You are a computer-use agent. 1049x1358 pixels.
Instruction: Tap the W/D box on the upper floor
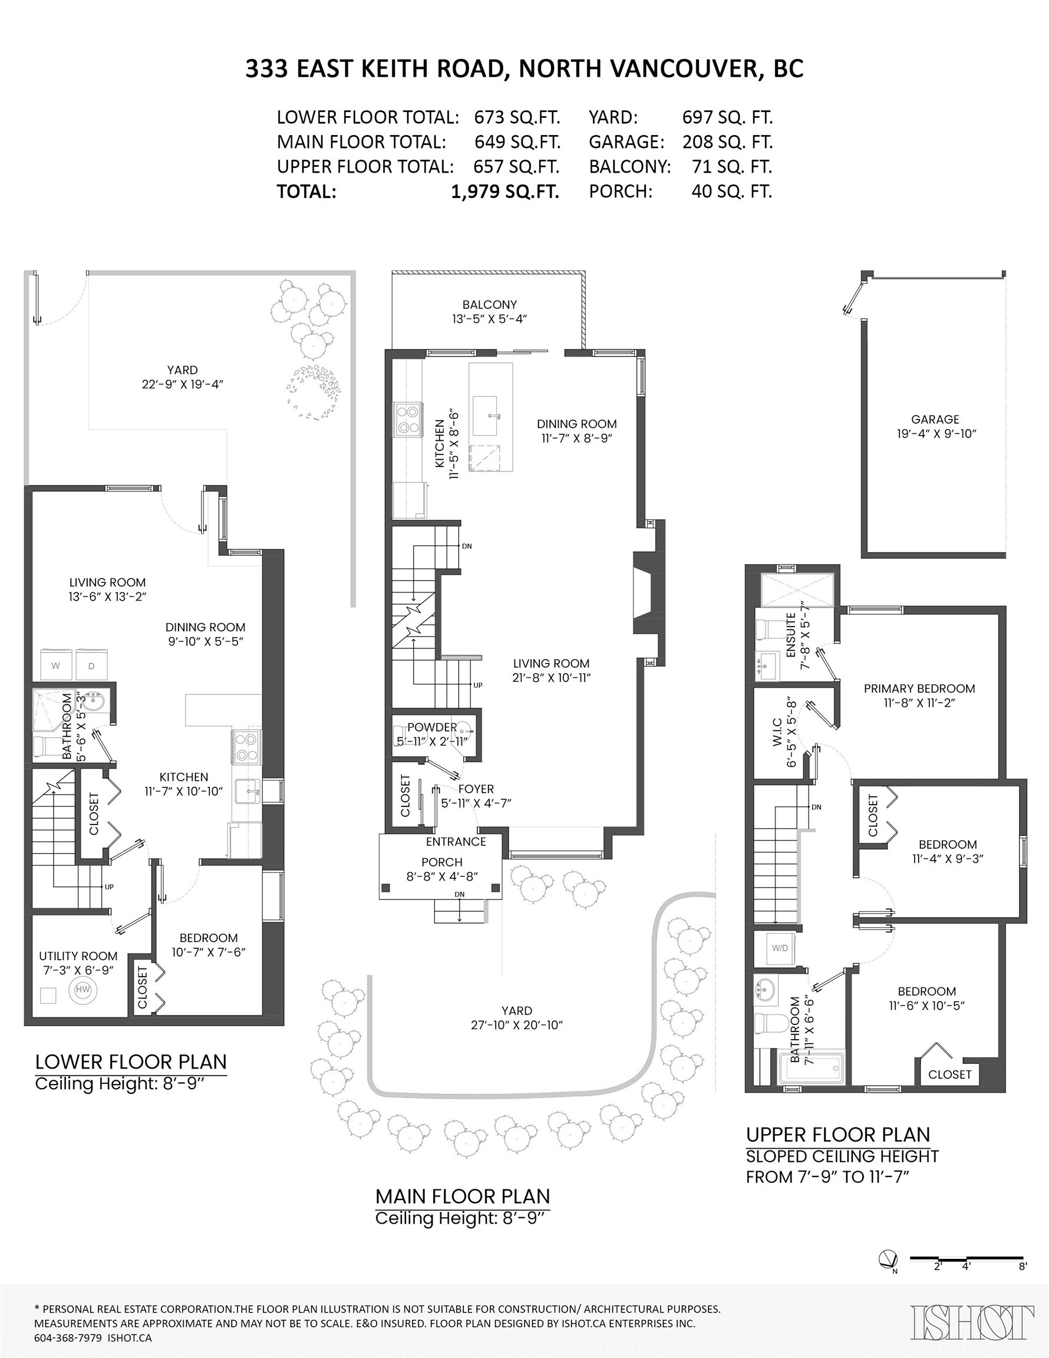click(779, 948)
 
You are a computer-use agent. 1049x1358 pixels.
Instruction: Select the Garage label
click(935, 420)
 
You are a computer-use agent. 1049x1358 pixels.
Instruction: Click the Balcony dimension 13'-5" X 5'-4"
click(489, 319)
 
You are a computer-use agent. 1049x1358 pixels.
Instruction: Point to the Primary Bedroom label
click(918, 688)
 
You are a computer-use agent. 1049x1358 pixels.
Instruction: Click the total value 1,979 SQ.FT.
click(504, 192)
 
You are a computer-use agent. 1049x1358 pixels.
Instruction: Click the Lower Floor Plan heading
click(131, 1062)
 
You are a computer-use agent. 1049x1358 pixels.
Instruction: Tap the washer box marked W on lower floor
click(56, 665)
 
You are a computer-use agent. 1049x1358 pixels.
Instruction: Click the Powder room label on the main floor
click(431, 727)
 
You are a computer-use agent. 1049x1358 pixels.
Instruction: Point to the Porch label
click(441, 862)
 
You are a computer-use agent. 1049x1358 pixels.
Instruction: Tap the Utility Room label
click(78, 955)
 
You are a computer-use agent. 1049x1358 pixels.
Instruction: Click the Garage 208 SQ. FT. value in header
click(727, 142)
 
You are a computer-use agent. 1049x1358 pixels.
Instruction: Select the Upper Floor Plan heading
click(837, 1135)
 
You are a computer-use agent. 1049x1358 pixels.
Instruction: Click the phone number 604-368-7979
click(68, 1337)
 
